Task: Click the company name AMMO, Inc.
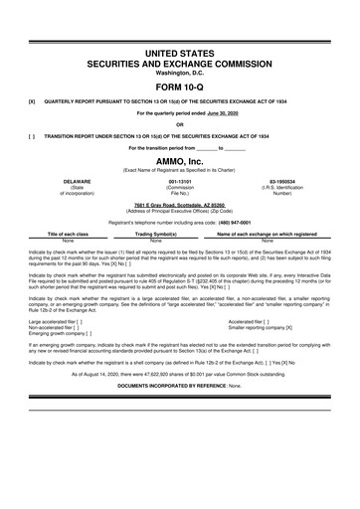click(x=180, y=163)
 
